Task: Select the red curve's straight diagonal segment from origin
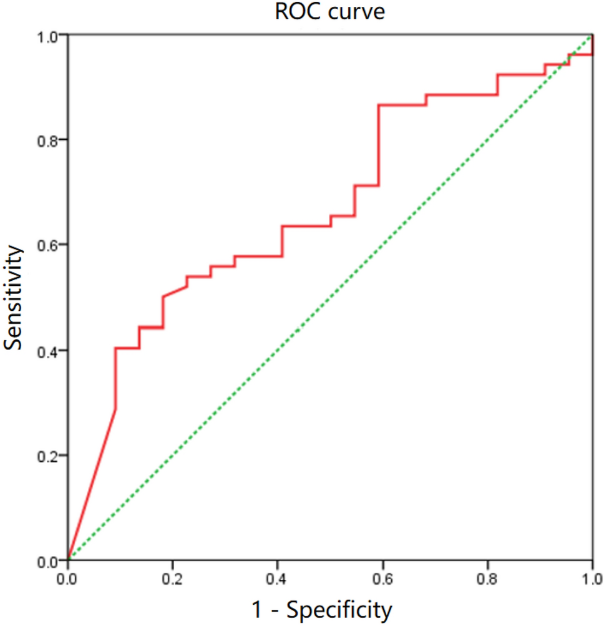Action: (92, 484)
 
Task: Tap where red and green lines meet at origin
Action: (68, 560)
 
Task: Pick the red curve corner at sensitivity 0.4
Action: (116, 348)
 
